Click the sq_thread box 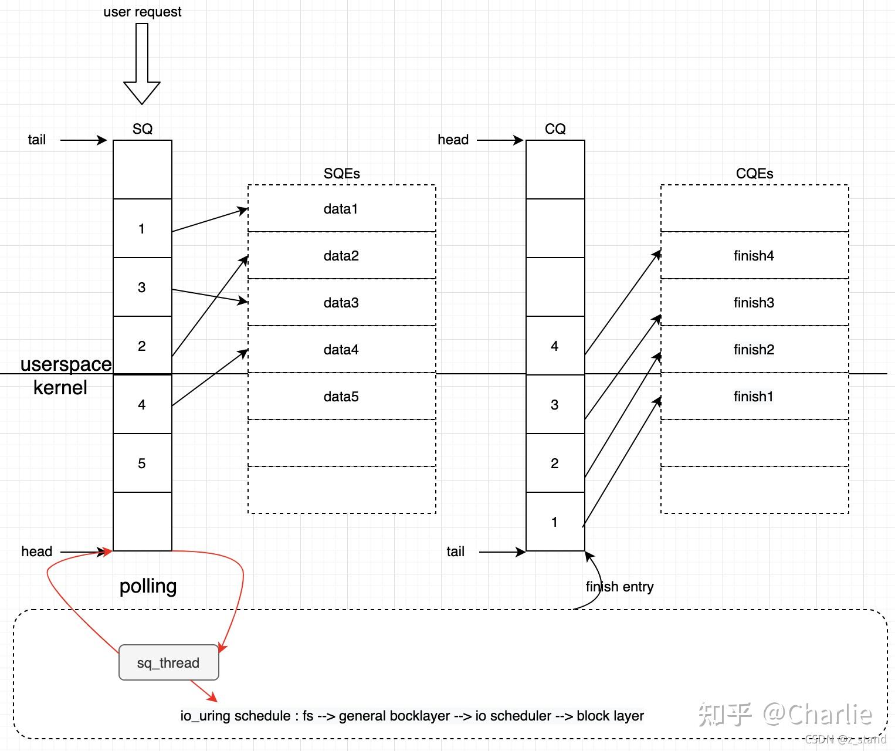click(168, 662)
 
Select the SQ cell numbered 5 click(142, 464)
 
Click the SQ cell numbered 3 click(142, 287)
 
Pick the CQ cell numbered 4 click(555, 346)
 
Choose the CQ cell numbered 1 click(555, 522)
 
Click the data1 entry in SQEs click(341, 209)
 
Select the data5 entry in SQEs click(341, 397)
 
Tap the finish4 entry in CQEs click(754, 256)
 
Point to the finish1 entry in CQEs click(754, 397)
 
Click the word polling click(148, 586)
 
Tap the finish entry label click(619, 587)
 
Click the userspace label click(66, 364)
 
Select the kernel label click(60, 388)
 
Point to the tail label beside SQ click(36, 140)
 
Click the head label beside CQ click(453, 140)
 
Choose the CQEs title click(754, 174)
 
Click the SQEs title click(341, 174)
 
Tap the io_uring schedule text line click(412, 716)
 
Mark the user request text click(142, 12)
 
